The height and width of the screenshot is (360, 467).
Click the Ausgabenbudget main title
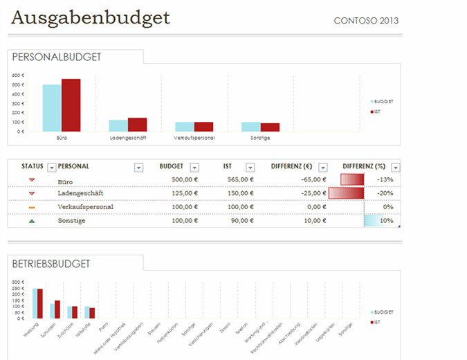[x=91, y=17]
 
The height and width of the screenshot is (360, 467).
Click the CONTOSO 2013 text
[x=366, y=21]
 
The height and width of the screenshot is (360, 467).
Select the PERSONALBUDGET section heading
[x=57, y=57]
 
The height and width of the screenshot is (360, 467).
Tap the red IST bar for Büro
[x=71, y=105]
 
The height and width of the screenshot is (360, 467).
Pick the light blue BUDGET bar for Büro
[x=52, y=108]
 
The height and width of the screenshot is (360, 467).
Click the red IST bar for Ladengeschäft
[x=137, y=125]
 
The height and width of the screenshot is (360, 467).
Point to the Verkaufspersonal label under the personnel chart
[x=194, y=138]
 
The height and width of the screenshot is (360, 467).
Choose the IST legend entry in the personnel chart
[x=377, y=111]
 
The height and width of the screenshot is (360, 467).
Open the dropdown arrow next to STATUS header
[x=51, y=167]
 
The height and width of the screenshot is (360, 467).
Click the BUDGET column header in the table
[x=171, y=166]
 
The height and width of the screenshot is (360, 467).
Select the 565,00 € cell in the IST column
[x=238, y=180]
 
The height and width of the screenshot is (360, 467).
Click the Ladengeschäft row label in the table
[x=81, y=193]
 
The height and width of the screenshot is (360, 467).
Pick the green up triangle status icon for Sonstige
[x=32, y=221]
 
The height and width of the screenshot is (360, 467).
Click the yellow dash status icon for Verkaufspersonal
[x=32, y=207]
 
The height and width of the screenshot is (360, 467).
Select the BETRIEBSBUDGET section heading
[x=51, y=264]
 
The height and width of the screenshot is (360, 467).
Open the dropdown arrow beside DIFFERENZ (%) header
[x=395, y=167]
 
